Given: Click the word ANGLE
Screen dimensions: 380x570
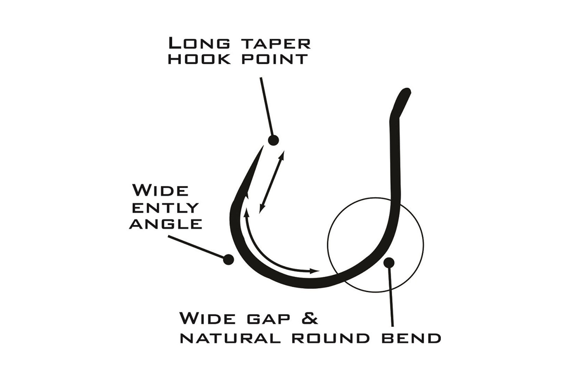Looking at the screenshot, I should pyautogui.click(x=166, y=224).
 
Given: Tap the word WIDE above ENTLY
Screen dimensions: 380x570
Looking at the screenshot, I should pyautogui.click(x=160, y=191).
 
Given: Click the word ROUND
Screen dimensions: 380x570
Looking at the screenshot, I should pyautogui.click(x=330, y=338).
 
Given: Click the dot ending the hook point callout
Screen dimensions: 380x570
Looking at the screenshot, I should pyautogui.click(x=273, y=140).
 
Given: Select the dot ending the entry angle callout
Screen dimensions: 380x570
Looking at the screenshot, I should pyautogui.click(x=228, y=259).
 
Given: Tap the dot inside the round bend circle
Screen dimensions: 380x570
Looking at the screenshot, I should pyautogui.click(x=388, y=262).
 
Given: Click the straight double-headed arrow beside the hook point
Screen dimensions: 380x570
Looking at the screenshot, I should pyautogui.click(x=272, y=182).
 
